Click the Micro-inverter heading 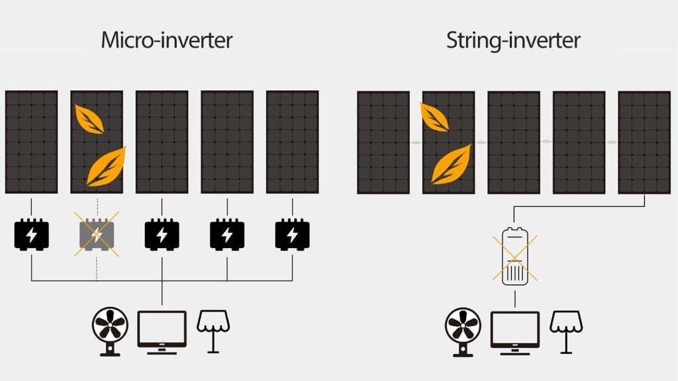coord(166,40)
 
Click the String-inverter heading coord(513,40)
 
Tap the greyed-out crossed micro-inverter coord(97,234)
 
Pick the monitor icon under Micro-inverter coord(162,329)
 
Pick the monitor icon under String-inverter coord(514,329)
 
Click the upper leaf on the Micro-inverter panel coord(89,120)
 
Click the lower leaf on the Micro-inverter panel coord(106,165)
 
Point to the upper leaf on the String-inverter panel coord(434,117)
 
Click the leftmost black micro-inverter coord(31,234)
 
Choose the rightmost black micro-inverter coord(292,234)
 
